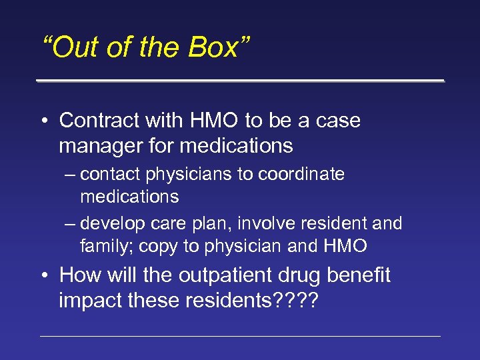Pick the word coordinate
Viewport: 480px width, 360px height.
click(x=301, y=175)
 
